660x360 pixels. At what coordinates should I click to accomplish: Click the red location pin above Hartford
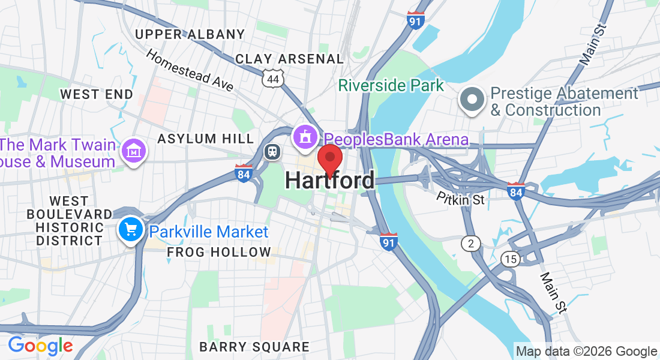(329, 158)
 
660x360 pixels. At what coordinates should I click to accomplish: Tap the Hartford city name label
(330, 181)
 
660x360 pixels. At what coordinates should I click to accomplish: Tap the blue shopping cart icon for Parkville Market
(130, 230)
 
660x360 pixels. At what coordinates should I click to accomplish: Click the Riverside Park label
(391, 85)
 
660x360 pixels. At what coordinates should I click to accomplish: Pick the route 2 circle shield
(471, 243)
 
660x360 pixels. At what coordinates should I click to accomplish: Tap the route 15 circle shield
(510, 259)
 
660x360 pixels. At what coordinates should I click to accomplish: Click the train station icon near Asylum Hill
(272, 151)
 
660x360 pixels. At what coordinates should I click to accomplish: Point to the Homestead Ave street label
(190, 70)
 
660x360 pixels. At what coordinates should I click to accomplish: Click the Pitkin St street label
(460, 198)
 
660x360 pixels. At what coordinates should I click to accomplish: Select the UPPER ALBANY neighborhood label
(190, 34)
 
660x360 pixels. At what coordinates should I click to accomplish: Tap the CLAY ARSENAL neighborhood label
(289, 59)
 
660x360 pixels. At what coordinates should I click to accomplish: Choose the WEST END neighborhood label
(97, 94)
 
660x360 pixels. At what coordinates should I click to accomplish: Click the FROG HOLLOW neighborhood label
(218, 252)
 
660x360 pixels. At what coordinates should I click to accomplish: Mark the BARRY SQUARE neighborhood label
(254, 347)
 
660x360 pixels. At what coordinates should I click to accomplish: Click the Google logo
(40, 346)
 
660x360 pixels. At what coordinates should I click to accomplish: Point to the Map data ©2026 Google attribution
(587, 352)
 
